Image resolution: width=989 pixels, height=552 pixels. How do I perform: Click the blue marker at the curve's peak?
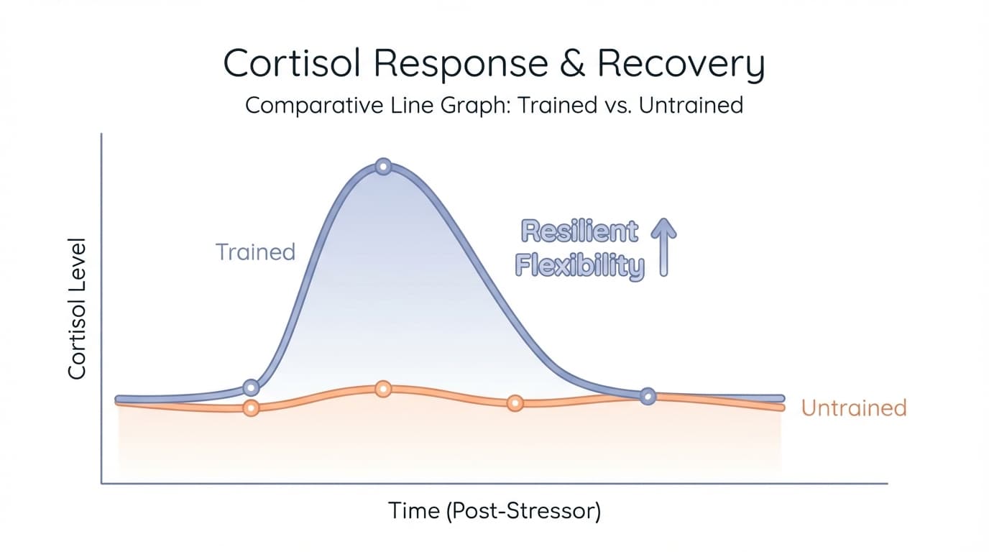coord(384,167)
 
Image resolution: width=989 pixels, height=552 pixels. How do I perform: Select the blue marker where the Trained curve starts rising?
coord(250,388)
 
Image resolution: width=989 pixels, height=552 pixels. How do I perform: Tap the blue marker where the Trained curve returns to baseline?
coord(648,396)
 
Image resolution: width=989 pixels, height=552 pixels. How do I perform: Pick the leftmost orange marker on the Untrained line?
coord(250,408)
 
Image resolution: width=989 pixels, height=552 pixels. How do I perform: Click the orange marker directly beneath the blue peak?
coord(384,389)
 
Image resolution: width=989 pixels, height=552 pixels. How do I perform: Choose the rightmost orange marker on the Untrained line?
coord(515,403)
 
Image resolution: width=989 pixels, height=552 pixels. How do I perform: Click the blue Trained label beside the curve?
coord(255,252)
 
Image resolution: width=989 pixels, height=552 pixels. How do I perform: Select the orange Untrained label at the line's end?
coord(853,408)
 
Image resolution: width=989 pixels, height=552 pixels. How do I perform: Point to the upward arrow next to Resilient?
coord(663,249)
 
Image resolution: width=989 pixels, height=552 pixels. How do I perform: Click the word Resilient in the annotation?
coord(579,232)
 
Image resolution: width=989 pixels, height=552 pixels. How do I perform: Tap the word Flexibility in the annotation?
coord(579,266)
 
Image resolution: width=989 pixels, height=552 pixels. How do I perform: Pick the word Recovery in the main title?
coord(680,65)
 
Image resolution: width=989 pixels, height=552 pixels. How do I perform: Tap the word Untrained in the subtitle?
coord(690,105)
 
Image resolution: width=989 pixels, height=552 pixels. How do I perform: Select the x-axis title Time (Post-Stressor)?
coord(494,511)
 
